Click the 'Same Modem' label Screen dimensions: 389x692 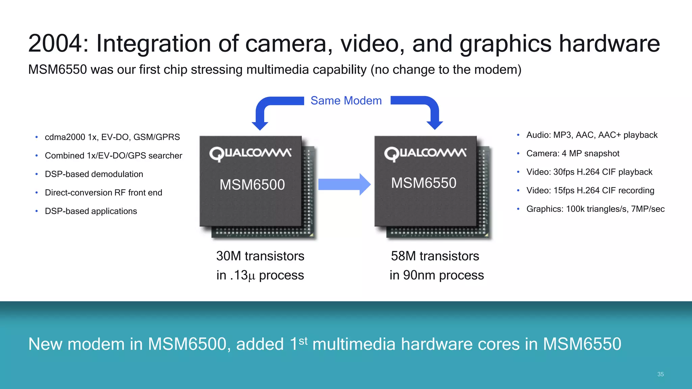point(346,101)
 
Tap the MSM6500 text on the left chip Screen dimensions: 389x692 point(252,185)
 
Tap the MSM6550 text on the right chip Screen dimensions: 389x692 point(424,183)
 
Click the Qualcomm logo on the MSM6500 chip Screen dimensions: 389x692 point(250,154)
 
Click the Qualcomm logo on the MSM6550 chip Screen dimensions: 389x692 point(425,154)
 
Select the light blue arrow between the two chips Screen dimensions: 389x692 point(344,184)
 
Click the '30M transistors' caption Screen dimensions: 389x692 point(260,256)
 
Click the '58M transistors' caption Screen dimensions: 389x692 point(435,256)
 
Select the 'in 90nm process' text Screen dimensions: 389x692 point(437,275)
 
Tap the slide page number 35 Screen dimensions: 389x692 point(661,374)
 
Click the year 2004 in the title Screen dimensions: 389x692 point(55,44)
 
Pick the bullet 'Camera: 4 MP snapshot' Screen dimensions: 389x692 point(573,154)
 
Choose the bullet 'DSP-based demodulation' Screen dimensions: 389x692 point(94,174)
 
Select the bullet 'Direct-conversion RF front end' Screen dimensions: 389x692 point(103,193)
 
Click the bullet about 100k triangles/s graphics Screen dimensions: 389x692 point(595,209)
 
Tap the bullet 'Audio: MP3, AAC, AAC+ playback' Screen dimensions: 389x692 point(592,135)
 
